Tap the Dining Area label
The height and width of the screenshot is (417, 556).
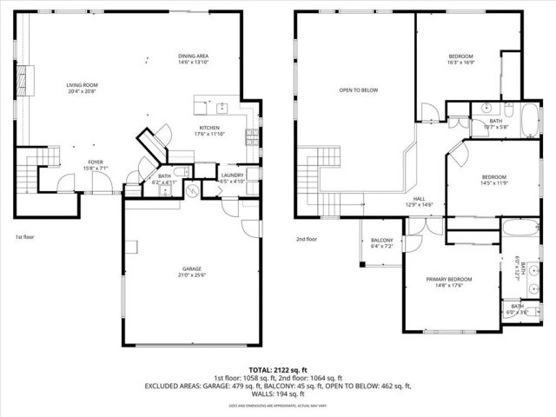pos(193,56)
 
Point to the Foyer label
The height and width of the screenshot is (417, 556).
pos(94,162)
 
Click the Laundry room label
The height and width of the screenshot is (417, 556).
pos(232,175)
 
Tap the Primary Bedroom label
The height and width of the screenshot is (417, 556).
pos(447,279)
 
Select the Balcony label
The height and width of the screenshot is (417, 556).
pos(382,241)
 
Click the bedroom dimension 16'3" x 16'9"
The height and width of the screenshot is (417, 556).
pos(458,63)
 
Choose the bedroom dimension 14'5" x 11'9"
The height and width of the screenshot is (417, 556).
pos(493,183)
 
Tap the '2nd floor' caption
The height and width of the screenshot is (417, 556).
pos(306,239)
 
